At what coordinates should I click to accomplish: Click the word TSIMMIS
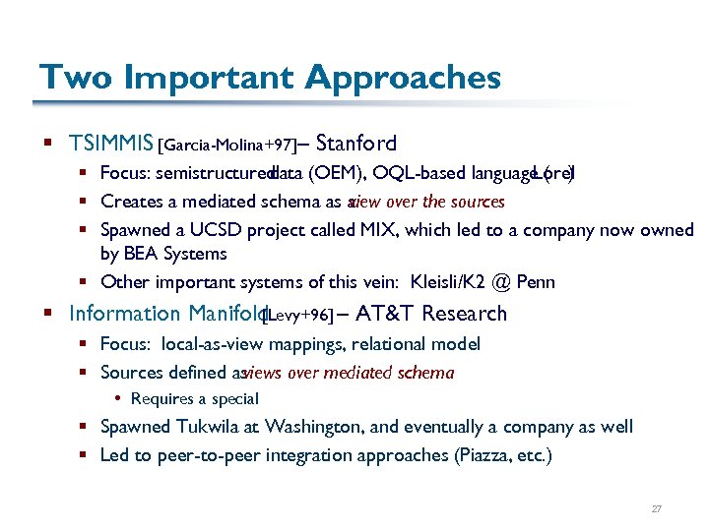pos(111,144)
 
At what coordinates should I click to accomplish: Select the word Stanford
pos(357,144)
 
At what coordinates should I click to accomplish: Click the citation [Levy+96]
pos(296,316)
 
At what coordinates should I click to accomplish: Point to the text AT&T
pos(389,314)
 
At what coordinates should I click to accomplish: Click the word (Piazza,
pos(481,455)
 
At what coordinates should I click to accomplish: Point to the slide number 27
pos(656,509)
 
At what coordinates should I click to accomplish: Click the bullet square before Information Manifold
pos(47,315)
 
